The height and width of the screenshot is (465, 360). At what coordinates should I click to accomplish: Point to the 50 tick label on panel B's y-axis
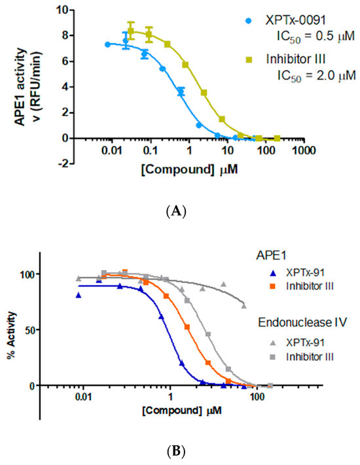point(27,330)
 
